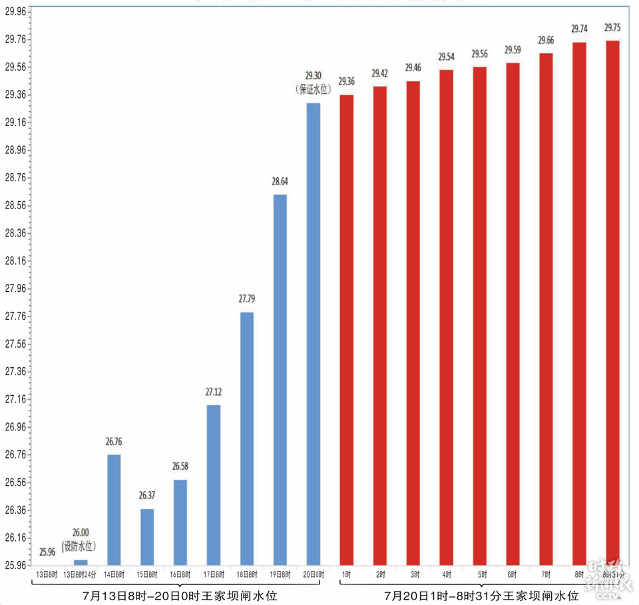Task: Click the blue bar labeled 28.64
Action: coord(280,379)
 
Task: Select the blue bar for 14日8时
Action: coord(114,509)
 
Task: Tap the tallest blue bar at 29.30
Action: coord(314,333)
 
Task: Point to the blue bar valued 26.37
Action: coord(147,536)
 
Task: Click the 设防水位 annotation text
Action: coord(79,546)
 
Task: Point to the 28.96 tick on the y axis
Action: coord(15,150)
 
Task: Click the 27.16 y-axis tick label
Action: coord(15,399)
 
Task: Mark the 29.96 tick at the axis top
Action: coord(15,11)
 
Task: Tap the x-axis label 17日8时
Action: coord(214,574)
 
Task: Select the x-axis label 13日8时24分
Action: coord(81,574)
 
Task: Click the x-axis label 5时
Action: coord(479,574)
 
